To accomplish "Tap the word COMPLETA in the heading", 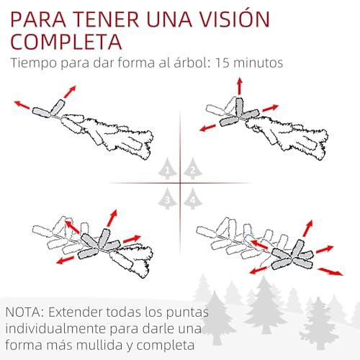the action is [66, 42].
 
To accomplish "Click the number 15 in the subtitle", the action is [222, 63].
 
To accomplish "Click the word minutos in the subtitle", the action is [258, 63].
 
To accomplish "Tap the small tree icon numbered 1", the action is [167, 169].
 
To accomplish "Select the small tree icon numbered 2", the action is [193, 169].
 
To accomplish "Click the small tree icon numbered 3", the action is [167, 199].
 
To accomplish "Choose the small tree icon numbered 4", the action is [193, 199].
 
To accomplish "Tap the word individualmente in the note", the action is [55, 329].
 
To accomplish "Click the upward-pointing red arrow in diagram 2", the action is [240, 86].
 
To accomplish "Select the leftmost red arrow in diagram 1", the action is [22, 105].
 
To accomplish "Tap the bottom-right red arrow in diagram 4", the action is [330, 271].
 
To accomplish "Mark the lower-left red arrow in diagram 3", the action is [66, 260].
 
